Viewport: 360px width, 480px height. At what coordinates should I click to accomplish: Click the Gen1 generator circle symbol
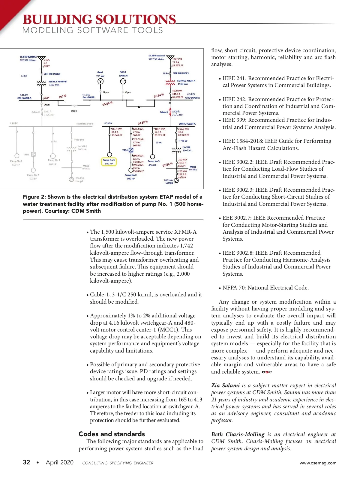[x=100, y=81]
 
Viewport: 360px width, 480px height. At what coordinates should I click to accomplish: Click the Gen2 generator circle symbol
[x=123, y=81]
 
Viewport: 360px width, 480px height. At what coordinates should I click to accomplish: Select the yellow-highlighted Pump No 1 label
[x=109, y=162]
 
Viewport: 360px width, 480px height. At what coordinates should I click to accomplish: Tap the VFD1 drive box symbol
[x=131, y=150]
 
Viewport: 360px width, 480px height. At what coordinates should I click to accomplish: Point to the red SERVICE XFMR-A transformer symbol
[x=170, y=82]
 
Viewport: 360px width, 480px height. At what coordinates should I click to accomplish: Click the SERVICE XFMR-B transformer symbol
[x=41, y=83]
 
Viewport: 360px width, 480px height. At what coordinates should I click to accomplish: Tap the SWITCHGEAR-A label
[x=187, y=124]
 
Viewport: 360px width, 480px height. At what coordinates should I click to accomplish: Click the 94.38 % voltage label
[x=143, y=122]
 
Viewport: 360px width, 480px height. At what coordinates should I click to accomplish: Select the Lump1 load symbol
[x=176, y=181]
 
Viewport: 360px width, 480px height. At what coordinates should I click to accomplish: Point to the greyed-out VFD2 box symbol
[x=33, y=154]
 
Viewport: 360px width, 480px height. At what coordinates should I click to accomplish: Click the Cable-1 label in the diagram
[x=164, y=112]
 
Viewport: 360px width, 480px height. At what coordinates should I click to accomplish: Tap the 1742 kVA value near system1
[x=177, y=59]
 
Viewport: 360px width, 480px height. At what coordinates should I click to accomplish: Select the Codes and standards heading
[x=112, y=434]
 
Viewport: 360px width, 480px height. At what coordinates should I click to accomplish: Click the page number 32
[x=26, y=462]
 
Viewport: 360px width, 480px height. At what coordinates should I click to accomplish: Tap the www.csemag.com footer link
[x=318, y=463]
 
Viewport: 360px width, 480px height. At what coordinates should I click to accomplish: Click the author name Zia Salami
[x=225, y=385]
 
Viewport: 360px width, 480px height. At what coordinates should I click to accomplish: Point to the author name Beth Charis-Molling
[x=238, y=434]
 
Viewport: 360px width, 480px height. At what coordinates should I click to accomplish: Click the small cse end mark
[x=267, y=372]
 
